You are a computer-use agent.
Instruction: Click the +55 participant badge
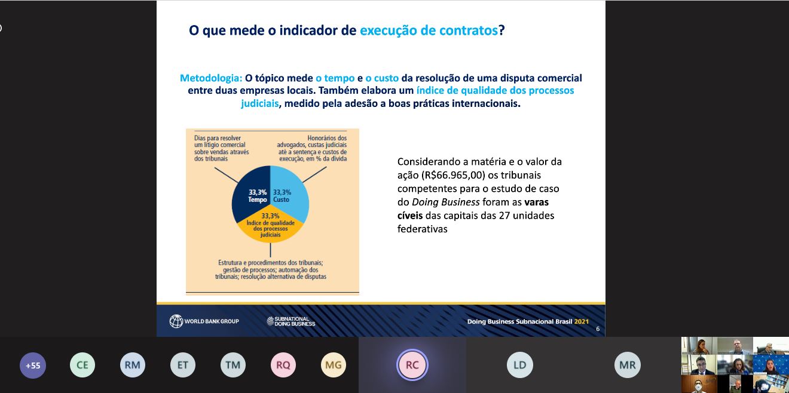[33, 365]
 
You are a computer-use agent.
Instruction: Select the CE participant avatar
[82, 365]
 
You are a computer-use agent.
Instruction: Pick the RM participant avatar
[133, 365]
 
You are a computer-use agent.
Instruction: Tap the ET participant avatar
[182, 365]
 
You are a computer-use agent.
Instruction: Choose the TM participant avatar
[233, 365]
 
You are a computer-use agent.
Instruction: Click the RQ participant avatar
[283, 365]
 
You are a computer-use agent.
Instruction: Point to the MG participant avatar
[333, 365]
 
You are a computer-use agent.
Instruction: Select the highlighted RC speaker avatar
[412, 365]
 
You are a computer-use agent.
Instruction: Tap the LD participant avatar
[520, 365]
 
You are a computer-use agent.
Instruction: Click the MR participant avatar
[628, 365]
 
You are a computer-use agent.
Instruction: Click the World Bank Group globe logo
[176, 321]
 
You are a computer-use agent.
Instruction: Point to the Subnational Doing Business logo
[291, 321]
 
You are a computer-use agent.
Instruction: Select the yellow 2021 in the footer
[582, 321]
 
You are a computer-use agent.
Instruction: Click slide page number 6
[598, 329]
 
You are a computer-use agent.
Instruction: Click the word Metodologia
[211, 78]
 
